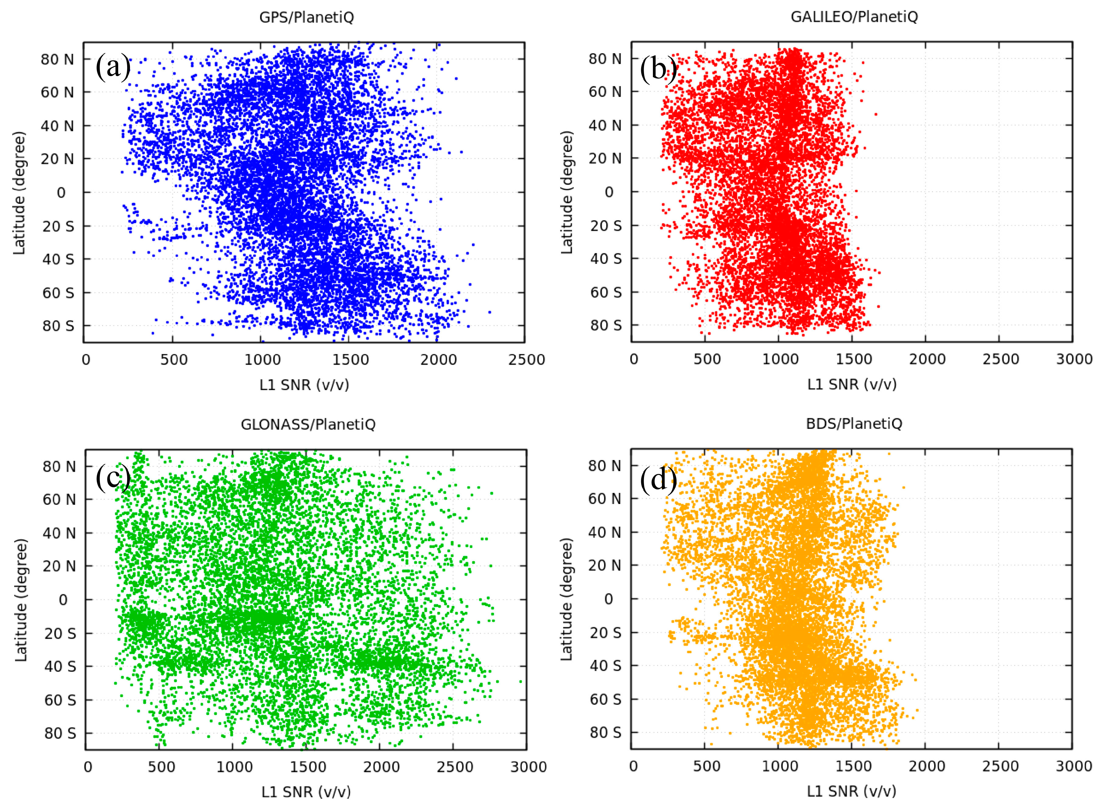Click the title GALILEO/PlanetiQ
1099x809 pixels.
854,17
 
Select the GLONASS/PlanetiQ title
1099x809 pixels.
308,424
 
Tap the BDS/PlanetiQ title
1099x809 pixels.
854,424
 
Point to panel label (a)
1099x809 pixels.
113,67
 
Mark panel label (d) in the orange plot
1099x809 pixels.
659,480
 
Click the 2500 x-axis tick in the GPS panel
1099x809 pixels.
526,360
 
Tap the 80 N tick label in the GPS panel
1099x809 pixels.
57,59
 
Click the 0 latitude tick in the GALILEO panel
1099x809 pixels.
609,192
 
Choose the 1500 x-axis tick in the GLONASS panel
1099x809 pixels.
308,767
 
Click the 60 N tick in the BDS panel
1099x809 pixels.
605,499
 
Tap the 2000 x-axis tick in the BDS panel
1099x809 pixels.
927,766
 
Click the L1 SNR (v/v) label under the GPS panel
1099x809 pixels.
304,385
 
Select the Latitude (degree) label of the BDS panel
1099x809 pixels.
566,600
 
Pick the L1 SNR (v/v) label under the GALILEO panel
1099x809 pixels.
852,385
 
